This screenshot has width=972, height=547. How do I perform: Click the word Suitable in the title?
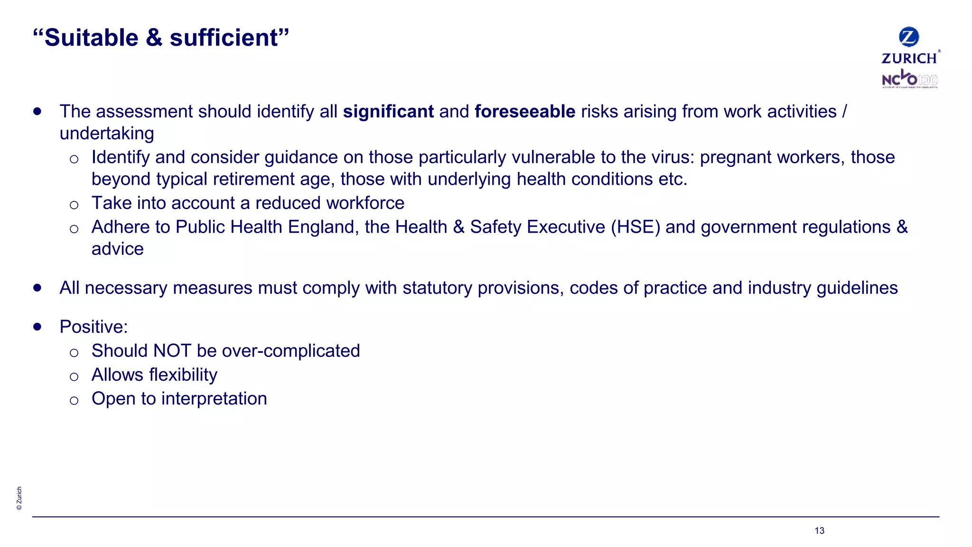[x=91, y=38]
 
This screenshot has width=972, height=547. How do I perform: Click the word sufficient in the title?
[x=224, y=38]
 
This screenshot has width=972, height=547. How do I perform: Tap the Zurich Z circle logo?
[x=909, y=37]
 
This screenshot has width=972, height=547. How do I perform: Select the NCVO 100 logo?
[x=909, y=79]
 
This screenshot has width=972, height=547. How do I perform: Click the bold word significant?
[x=388, y=112]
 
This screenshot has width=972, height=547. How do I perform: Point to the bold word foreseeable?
[x=525, y=112]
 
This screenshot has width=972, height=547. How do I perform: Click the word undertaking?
[x=107, y=133]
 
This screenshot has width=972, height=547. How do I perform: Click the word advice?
[x=118, y=249]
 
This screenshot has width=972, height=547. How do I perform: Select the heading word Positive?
[x=93, y=327]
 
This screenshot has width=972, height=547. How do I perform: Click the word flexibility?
[x=183, y=375]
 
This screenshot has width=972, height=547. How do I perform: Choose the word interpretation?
[x=214, y=399]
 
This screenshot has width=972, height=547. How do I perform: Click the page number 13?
[x=819, y=531]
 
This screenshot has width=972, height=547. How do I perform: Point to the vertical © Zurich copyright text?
[x=19, y=498]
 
